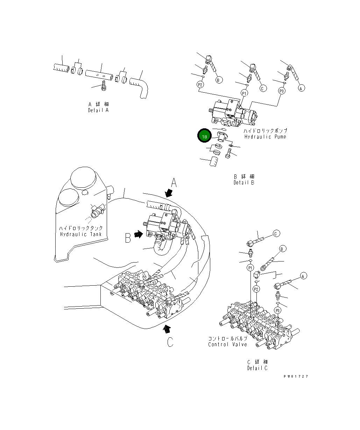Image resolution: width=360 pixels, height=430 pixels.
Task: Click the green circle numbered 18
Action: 204,136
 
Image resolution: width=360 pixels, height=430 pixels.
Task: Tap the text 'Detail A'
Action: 98,110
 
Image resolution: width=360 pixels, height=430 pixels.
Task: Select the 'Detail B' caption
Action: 244,182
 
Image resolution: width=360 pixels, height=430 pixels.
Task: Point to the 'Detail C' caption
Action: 257,368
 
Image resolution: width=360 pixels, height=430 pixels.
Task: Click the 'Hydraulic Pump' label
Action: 265,137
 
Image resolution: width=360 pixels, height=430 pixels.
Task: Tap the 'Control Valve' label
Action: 227,344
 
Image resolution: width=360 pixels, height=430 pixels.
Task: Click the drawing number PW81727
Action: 296,377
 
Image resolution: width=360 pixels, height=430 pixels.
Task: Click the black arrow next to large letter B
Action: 139,235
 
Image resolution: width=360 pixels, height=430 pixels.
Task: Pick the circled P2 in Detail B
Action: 200,85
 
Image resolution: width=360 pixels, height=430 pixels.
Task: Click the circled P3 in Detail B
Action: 282,91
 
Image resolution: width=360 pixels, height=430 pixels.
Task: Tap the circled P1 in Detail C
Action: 250,268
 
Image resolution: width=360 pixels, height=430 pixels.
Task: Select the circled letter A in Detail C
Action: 303,276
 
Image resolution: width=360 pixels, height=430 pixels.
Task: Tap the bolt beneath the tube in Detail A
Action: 104,86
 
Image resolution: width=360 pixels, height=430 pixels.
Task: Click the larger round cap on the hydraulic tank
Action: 83,180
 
